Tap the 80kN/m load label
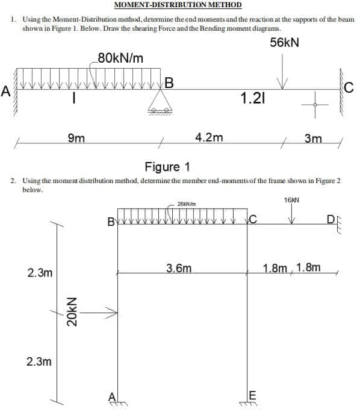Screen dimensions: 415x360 coord(120,58)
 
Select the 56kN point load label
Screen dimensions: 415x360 coord(285,43)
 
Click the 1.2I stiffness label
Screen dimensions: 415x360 coord(251,98)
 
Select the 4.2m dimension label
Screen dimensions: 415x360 coord(209,137)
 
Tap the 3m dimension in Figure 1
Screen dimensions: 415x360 coord(313,139)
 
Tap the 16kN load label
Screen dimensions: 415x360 coord(291,199)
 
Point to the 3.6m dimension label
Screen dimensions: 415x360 coord(179,267)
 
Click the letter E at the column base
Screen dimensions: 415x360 coord(252,395)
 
